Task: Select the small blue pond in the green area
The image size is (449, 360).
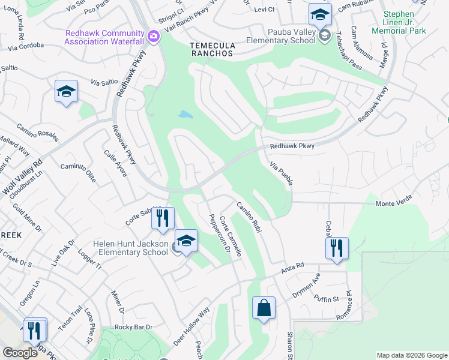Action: (185, 114)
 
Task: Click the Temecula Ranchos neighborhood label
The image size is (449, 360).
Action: (211, 49)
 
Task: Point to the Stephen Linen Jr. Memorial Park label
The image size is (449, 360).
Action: (398, 22)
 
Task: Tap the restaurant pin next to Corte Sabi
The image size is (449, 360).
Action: (161, 218)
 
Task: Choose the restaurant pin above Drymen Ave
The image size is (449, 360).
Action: (337, 248)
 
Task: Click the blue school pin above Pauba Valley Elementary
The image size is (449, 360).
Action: (320, 14)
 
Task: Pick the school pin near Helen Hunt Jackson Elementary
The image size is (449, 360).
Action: (186, 242)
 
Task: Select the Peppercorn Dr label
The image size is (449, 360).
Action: (219, 235)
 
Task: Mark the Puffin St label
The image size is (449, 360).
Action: (328, 298)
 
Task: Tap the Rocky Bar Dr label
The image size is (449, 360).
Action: (134, 327)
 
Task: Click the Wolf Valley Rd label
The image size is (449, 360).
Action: (22, 178)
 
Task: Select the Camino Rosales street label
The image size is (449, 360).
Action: (37, 131)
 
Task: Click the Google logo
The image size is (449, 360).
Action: (20, 352)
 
